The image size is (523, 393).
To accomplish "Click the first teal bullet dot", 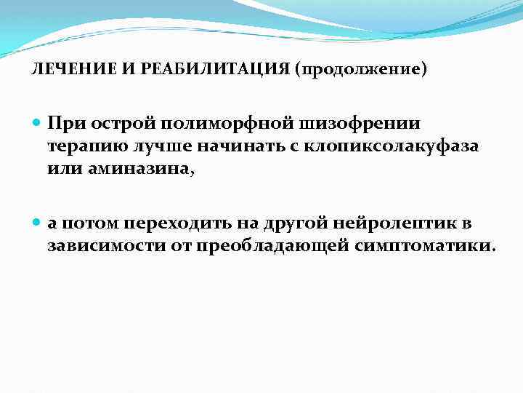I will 38,124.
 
